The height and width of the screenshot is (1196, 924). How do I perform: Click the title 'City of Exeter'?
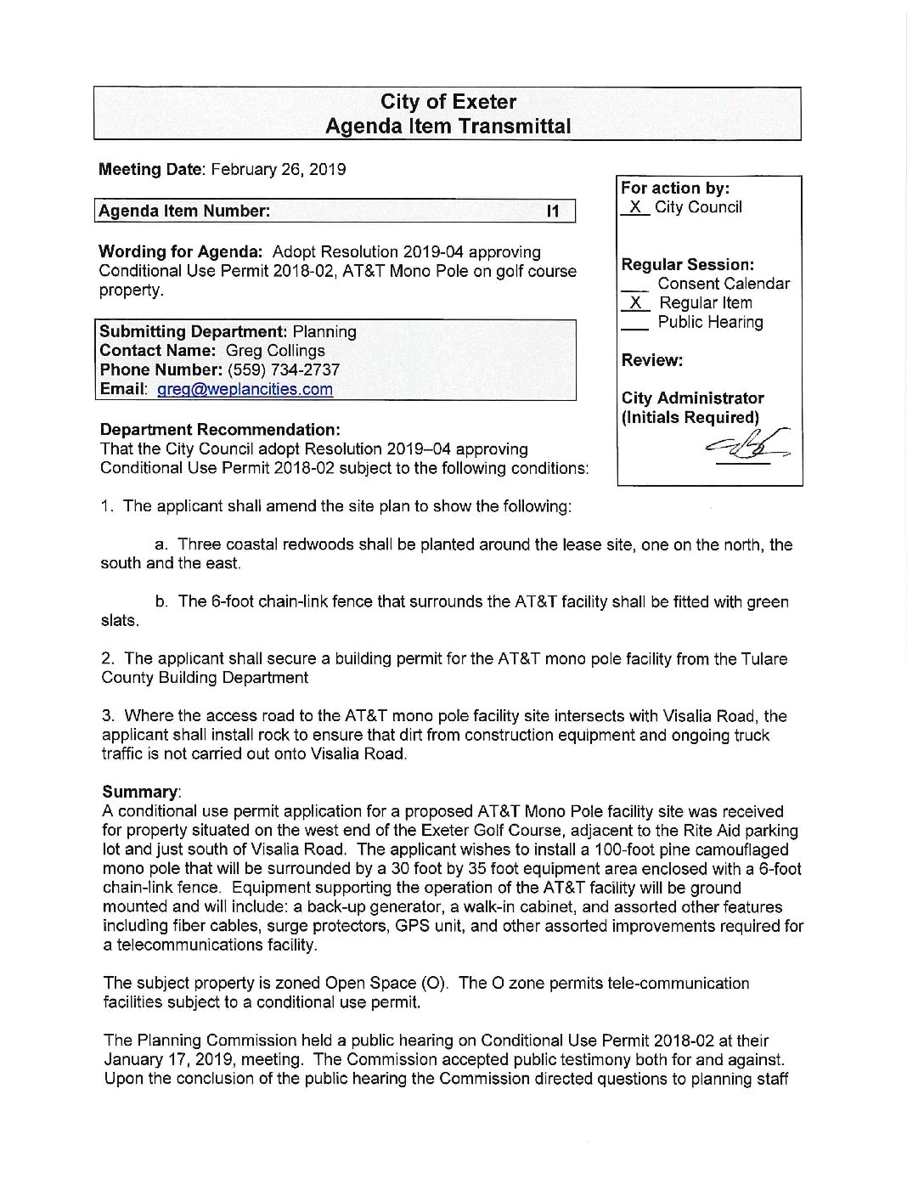tap(448, 102)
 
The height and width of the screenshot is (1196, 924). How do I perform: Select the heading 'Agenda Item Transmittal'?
tap(448, 127)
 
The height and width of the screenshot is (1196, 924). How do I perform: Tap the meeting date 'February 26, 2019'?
tap(278, 169)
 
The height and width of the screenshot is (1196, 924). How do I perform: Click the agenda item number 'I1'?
tap(553, 212)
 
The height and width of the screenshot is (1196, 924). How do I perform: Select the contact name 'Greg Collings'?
tap(275, 351)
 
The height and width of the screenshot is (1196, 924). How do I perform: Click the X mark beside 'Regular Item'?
tap(634, 303)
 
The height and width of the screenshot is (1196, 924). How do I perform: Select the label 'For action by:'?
tap(675, 189)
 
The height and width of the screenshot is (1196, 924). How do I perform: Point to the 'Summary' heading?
tap(140, 792)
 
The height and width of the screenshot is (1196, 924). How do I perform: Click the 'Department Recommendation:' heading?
tap(220, 430)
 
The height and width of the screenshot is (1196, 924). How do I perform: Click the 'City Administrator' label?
tap(692, 398)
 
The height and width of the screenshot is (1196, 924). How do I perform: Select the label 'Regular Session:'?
tap(687, 265)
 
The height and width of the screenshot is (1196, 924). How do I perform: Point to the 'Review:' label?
tap(651, 360)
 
